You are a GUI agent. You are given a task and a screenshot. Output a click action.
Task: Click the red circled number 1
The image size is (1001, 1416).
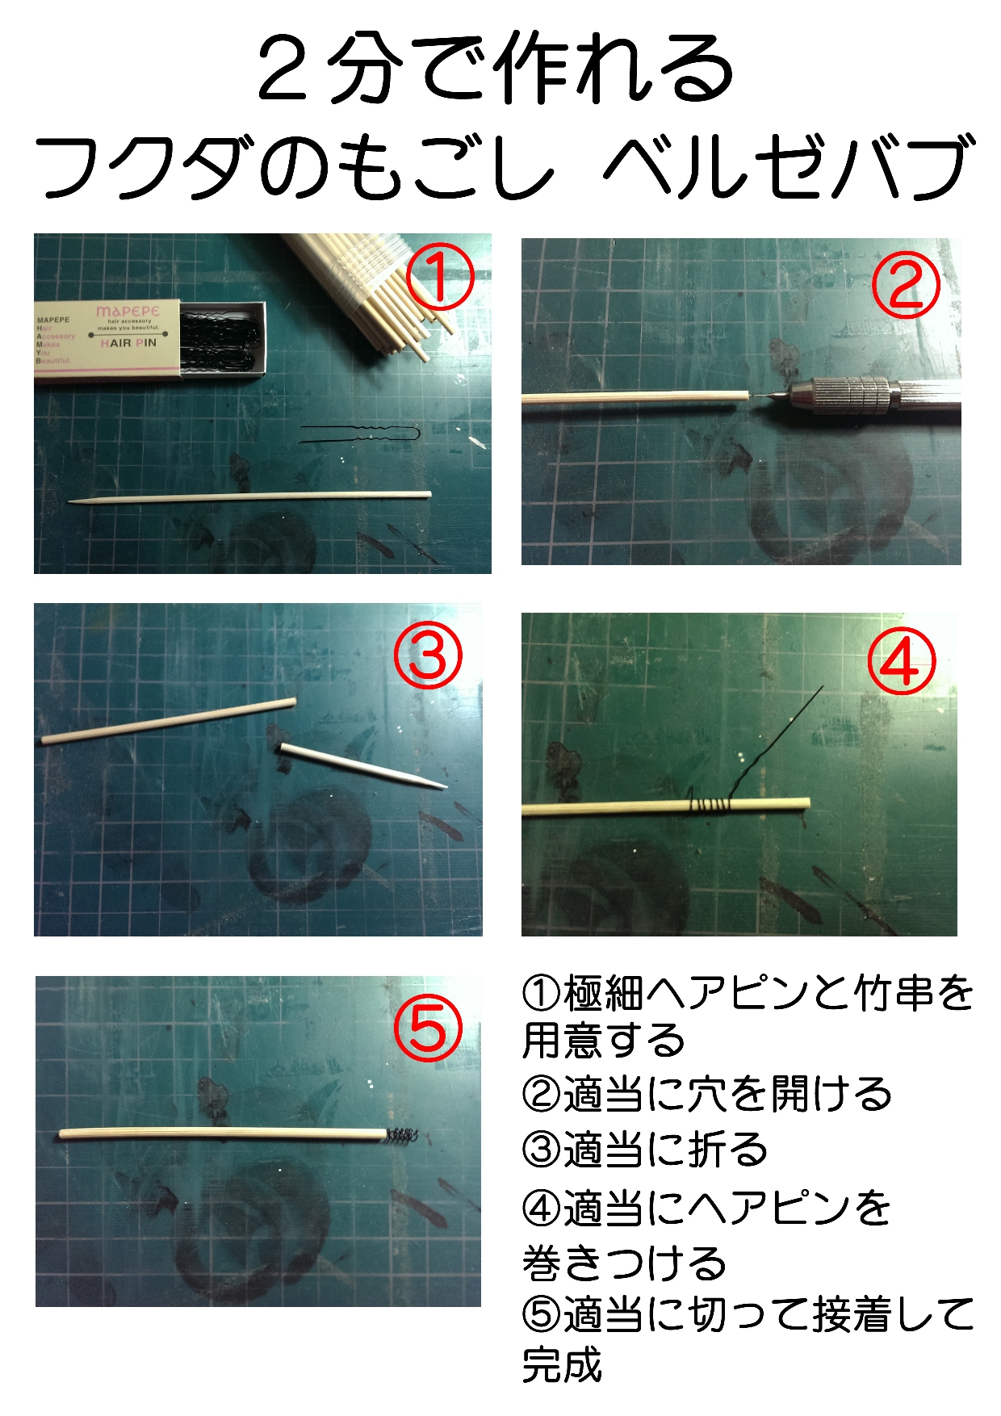(x=440, y=277)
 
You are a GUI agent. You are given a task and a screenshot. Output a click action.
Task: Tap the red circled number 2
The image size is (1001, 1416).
(x=906, y=285)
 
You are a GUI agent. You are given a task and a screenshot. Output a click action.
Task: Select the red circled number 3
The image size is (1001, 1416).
(x=428, y=655)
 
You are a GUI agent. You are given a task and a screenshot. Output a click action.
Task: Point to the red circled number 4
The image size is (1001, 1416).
(x=901, y=661)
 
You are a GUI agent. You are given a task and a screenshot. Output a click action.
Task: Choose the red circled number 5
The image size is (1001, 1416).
(x=428, y=1027)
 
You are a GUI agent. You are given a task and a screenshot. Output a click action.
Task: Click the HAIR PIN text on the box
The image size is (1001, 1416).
(x=128, y=343)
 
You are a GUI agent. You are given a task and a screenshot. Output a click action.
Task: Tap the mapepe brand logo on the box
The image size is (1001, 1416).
(x=128, y=311)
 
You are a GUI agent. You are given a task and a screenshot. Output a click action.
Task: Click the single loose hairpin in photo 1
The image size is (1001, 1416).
(x=360, y=434)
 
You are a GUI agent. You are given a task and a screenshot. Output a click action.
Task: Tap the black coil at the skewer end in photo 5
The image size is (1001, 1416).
(x=402, y=1136)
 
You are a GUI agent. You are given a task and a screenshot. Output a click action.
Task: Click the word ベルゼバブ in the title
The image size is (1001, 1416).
(x=789, y=167)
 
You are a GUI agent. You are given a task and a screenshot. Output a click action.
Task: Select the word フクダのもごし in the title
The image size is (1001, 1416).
(x=295, y=167)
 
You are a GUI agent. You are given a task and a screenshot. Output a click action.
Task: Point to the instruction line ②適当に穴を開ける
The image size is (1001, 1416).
(x=707, y=1094)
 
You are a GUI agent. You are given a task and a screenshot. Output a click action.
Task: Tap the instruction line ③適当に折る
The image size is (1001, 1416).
(x=645, y=1149)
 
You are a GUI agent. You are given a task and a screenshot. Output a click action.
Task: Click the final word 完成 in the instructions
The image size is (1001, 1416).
(x=563, y=1364)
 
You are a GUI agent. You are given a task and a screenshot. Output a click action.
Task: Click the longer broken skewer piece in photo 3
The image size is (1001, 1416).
(x=169, y=721)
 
